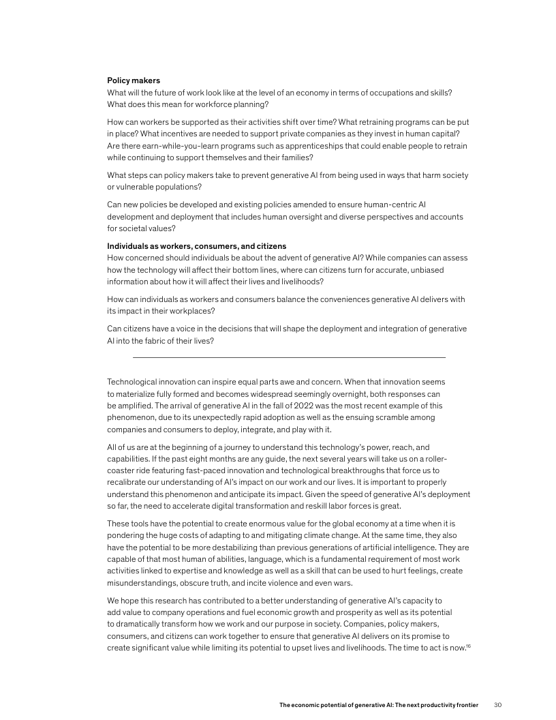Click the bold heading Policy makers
(134, 80)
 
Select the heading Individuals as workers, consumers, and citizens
(197, 245)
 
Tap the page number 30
(497, 704)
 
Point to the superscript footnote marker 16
(467, 645)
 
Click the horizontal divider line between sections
(288, 357)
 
